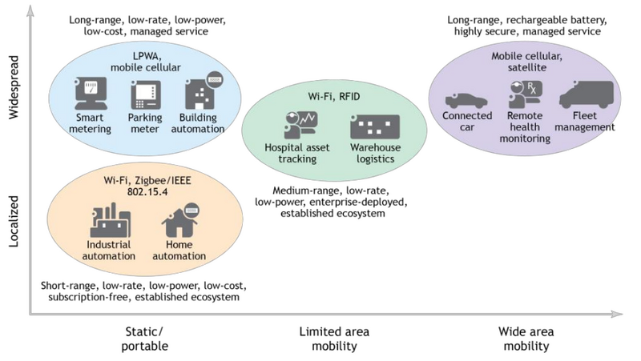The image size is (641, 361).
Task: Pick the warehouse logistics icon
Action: click(375, 127)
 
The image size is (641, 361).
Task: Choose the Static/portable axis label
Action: click(147, 339)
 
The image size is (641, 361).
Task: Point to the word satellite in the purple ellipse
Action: click(526, 68)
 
